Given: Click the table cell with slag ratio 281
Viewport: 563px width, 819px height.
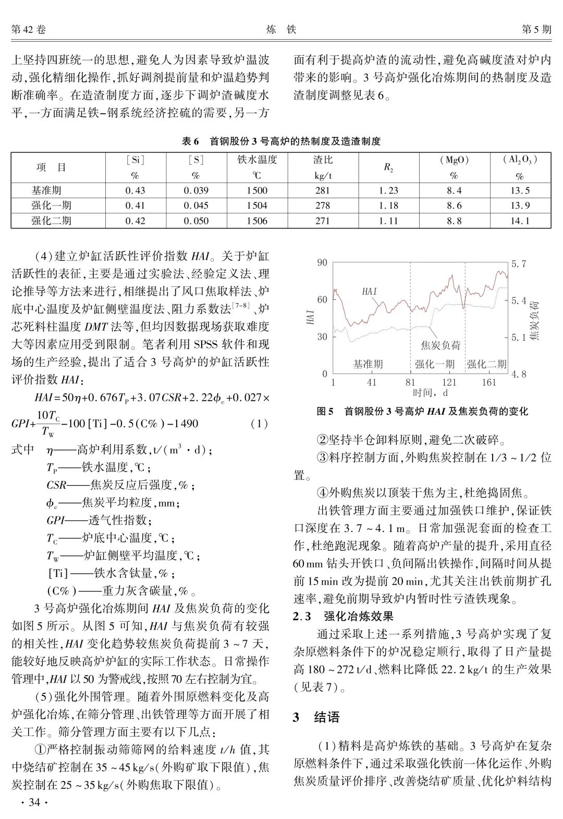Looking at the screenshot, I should tap(322, 191).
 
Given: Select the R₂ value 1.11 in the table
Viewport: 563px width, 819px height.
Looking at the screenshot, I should tap(388, 221).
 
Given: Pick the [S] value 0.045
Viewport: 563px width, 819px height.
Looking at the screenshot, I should tap(195, 206).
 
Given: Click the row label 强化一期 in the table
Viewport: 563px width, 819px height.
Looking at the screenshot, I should tap(51, 206).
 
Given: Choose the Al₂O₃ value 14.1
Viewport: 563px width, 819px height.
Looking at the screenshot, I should tap(519, 221).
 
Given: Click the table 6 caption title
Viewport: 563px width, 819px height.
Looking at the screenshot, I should tap(281, 141).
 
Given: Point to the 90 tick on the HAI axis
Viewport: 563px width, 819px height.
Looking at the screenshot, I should tap(322, 262).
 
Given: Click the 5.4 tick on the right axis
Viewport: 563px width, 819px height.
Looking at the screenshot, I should tap(519, 300).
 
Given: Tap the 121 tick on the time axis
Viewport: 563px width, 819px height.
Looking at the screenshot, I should tap(449, 382).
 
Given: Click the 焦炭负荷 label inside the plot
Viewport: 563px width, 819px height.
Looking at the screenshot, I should tap(440, 345).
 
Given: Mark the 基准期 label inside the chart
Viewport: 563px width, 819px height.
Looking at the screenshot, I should tap(368, 364).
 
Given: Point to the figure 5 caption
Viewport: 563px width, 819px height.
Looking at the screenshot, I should tap(422, 412).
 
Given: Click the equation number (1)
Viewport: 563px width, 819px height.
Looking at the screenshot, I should tap(259, 424).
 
